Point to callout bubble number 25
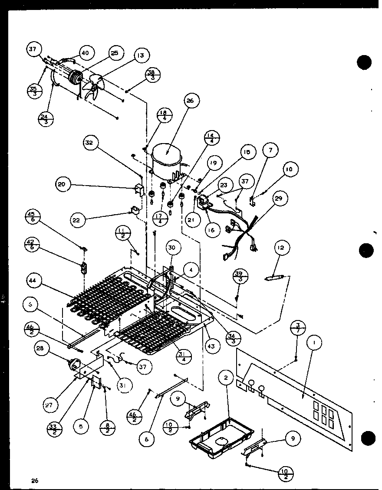tap(114, 53)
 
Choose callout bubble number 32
tap(92, 143)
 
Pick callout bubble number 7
tap(270, 150)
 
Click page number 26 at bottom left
tap(35, 480)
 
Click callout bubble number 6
tap(147, 438)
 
